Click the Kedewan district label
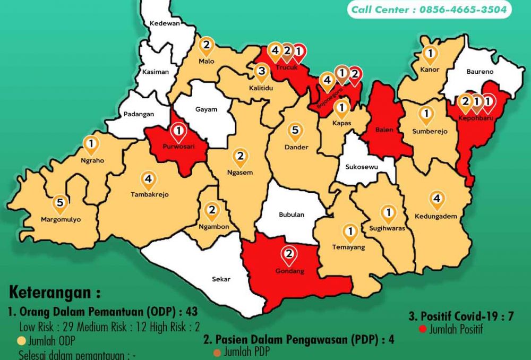click(x=165, y=23)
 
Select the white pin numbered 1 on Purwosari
click(x=179, y=131)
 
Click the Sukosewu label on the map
click(x=361, y=167)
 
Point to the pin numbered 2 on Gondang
click(x=289, y=255)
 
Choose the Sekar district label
click(x=220, y=278)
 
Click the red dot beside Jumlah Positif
click(x=423, y=329)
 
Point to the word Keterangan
click(x=54, y=293)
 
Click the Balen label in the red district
click(x=383, y=130)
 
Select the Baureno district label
click(x=479, y=71)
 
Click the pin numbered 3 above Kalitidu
click(x=261, y=72)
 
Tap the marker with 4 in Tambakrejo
click(x=149, y=179)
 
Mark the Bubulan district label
click(x=292, y=215)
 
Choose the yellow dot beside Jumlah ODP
click(x=22, y=340)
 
